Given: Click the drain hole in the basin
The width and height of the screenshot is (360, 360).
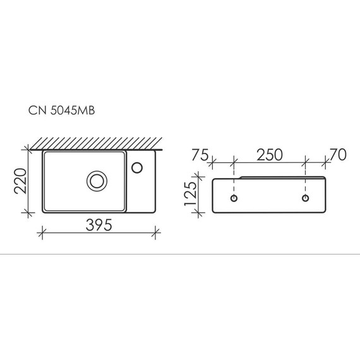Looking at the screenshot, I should (x=97, y=181).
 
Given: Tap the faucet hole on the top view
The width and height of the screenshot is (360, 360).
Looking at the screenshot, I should (x=138, y=168).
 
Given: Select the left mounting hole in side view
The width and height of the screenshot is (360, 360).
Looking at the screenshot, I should (x=234, y=198).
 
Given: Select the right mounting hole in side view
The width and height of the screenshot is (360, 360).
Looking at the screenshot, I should (x=306, y=198).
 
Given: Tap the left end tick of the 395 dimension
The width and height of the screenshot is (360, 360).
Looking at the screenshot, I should (x=42, y=233).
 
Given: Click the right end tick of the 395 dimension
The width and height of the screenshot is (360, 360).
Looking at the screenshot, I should (x=155, y=233).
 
